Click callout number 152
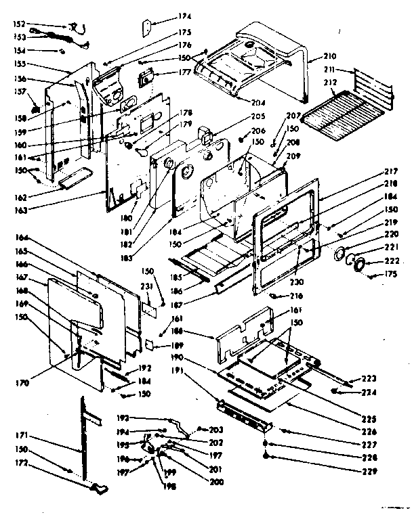click(x=18, y=24)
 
